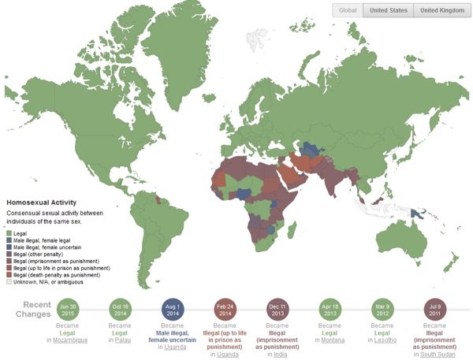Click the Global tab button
tap(347, 10)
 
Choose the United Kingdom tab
tap(441, 10)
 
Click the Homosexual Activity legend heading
tap(40, 201)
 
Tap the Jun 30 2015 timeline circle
tap(69, 308)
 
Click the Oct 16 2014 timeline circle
tap(121, 308)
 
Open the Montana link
tap(335, 340)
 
